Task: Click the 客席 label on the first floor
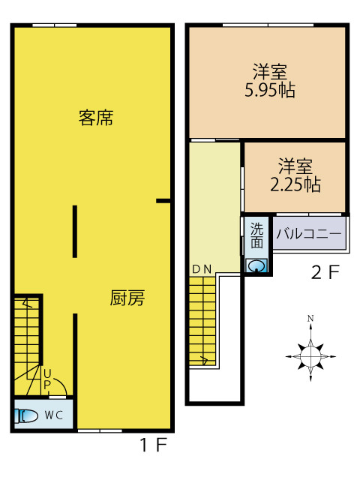(x=96, y=118)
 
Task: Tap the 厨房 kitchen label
(x=127, y=298)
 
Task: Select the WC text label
(x=54, y=415)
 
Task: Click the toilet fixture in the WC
(x=26, y=415)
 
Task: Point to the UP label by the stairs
(x=47, y=379)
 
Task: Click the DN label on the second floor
(x=202, y=269)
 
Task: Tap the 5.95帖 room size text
(x=270, y=90)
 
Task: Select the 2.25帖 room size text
(x=295, y=184)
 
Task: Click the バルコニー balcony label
(x=308, y=234)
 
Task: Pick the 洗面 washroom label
(x=256, y=235)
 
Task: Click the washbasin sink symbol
(x=256, y=265)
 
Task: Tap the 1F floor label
(x=153, y=445)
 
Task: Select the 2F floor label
(x=325, y=272)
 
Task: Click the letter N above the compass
(x=310, y=319)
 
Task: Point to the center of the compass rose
(x=310, y=357)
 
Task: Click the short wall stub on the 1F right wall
(x=163, y=201)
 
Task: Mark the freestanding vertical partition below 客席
(x=75, y=232)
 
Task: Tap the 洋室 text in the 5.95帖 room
(x=270, y=72)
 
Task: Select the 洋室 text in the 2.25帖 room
(x=295, y=166)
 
